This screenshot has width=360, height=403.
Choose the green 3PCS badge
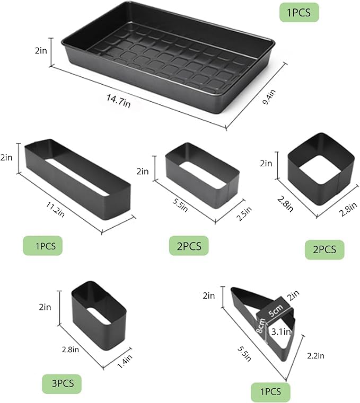tap(62, 382)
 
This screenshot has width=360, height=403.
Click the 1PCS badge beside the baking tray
tap(299, 11)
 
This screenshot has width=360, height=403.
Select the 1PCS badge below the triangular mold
tap(270, 392)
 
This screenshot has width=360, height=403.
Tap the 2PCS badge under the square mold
tap(324, 249)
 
